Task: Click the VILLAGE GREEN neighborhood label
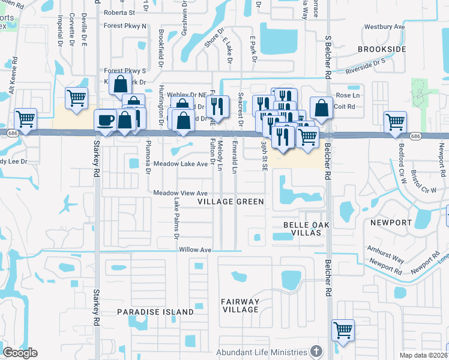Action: click(231, 202)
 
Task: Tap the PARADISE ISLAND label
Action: click(155, 312)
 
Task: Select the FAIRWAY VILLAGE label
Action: click(240, 305)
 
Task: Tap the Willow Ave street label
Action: click(195, 250)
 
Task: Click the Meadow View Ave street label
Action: click(180, 193)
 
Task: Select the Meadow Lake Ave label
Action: click(180, 164)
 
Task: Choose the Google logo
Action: click(20, 352)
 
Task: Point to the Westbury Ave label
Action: click(385, 27)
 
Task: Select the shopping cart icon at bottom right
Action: click(343, 329)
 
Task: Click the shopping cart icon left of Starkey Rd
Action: click(76, 97)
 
